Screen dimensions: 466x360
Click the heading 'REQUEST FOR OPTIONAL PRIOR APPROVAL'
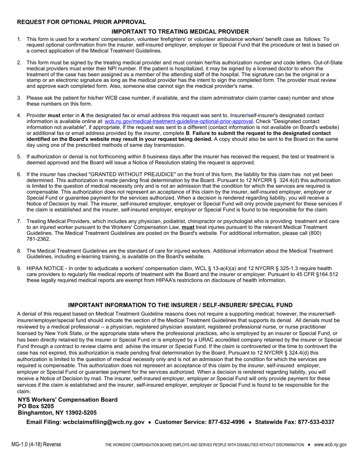(x=81, y=22)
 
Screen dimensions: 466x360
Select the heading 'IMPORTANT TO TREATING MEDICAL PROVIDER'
(x=180, y=31)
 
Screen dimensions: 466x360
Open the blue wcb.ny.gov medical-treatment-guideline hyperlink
(x=178, y=121)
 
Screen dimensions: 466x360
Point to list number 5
(x=19, y=156)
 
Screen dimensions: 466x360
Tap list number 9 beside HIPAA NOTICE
(x=19, y=269)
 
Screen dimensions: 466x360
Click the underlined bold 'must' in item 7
(x=188, y=227)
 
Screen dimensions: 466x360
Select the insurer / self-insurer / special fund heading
(x=180, y=305)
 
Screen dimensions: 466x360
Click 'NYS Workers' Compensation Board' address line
(x=67, y=400)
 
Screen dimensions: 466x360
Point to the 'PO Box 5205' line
(x=36, y=406)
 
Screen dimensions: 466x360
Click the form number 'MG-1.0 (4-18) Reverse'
(x=36, y=444)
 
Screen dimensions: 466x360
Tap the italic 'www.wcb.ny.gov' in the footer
(x=330, y=444)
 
